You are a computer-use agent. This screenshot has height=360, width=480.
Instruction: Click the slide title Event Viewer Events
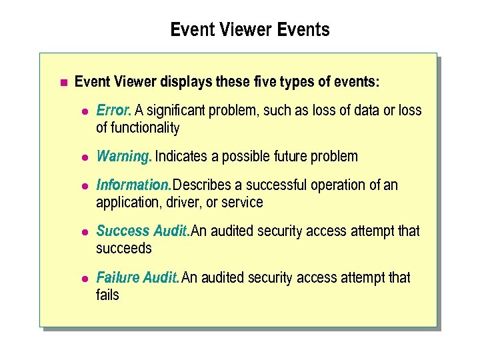pos(250,30)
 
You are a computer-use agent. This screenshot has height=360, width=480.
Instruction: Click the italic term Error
pos(114,110)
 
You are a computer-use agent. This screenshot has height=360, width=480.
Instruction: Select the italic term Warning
pos(124,157)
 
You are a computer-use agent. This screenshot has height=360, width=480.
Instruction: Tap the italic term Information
pos(133,185)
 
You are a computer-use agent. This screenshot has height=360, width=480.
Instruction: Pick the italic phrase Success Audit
pos(143,231)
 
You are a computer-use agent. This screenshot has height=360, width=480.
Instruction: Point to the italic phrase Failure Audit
pos(137,277)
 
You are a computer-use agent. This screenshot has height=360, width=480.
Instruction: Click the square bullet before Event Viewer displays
pos(63,83)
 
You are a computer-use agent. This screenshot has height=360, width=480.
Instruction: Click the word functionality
pos(145,127)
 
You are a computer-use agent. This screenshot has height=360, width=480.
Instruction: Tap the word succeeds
pos(124,249)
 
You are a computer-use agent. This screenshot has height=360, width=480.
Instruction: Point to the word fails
pos(107,295)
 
